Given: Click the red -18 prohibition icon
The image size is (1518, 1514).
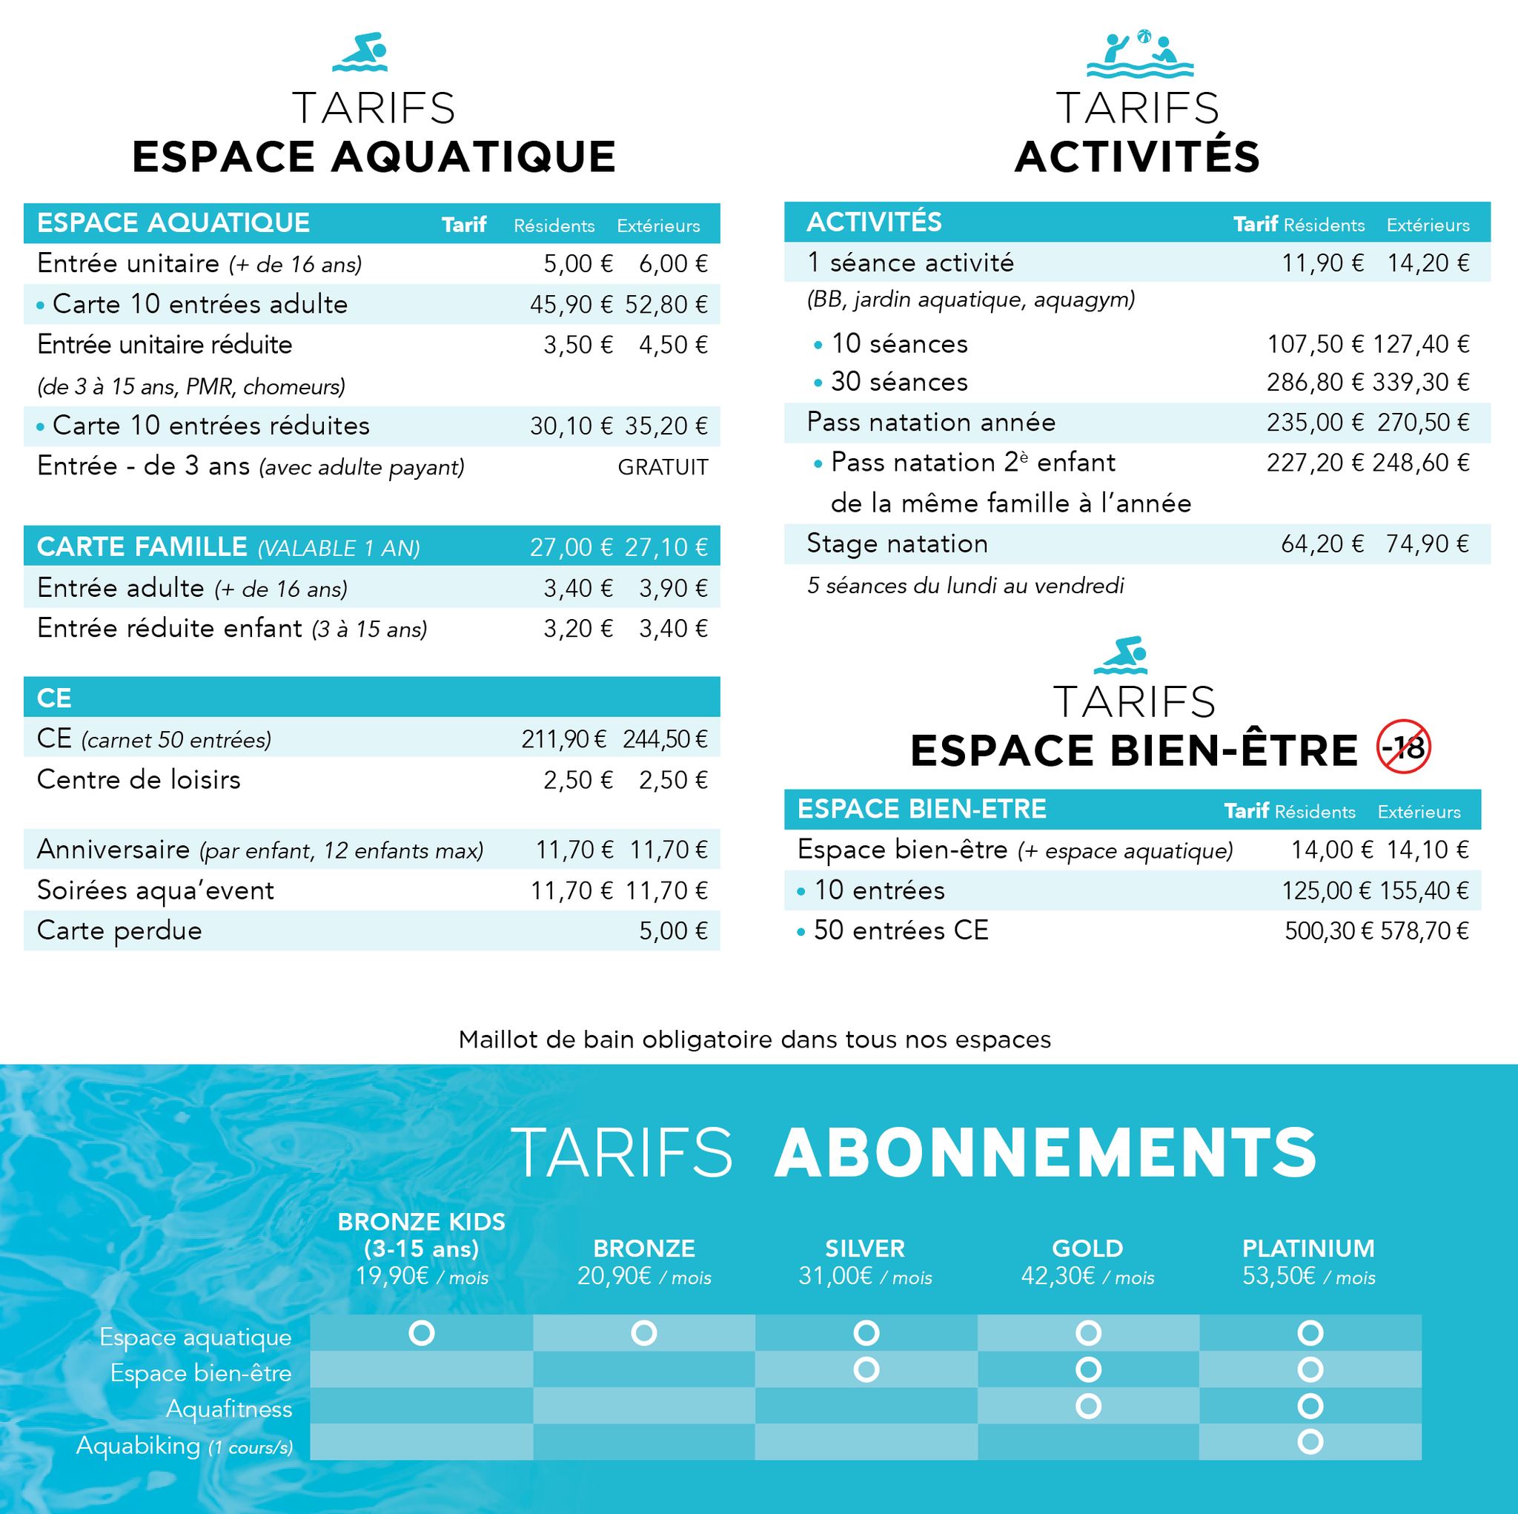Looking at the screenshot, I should pos(1403,747).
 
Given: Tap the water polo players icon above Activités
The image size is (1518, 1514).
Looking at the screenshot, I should pos(1138,55).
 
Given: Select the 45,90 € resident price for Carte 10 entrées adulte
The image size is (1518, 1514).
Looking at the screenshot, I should pos(571,305).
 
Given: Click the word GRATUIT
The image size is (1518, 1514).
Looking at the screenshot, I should pos(663,468).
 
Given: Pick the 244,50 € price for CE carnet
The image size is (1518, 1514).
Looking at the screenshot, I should pos(665,739).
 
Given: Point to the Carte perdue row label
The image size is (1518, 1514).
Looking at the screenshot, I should pos(119,930).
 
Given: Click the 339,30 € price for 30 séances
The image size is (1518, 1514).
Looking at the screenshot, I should pos(1421,383).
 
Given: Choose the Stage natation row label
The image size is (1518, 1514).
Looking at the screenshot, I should pos(898,544).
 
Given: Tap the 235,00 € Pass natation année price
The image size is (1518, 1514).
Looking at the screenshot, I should pos(1314,423).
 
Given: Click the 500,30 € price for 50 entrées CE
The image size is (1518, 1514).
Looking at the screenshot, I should pos(1328,931).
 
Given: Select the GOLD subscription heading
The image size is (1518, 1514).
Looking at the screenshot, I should pos(1087,1249).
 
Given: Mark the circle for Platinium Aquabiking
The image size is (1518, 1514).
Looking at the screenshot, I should pos(1310,1441).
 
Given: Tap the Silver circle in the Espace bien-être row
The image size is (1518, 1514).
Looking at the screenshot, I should pos(866,1369).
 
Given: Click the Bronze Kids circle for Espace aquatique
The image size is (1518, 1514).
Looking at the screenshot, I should pos(422,1333).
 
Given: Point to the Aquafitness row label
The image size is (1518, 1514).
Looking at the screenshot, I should pos(228,1409).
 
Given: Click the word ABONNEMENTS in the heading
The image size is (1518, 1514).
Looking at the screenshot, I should pos(1045,1152).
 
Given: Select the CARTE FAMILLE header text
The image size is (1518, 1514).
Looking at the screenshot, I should pos(142,546).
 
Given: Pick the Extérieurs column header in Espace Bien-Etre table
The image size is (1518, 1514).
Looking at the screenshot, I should pos(1418,812).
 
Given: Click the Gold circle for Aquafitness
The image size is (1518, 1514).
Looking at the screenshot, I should pos(1088,1406).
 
